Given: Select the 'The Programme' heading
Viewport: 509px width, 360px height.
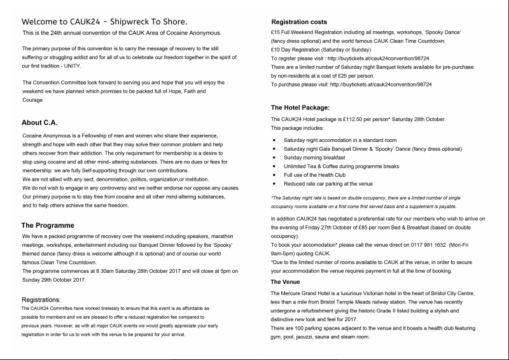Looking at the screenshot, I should point(48,225).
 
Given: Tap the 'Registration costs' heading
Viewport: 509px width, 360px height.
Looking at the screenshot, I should point(298,22).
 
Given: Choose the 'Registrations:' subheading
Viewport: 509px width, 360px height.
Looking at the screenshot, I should point(41,299).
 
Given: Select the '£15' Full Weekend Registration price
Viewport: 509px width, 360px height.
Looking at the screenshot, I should point(276,31).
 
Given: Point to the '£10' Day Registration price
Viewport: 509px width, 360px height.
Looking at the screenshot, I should point(276,49).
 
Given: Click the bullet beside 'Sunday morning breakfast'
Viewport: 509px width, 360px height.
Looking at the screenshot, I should point(274,156).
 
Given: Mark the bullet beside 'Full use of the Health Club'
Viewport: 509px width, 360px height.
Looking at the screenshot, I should point(274,174).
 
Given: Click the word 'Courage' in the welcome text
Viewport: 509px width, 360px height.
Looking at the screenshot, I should point(32,100).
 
